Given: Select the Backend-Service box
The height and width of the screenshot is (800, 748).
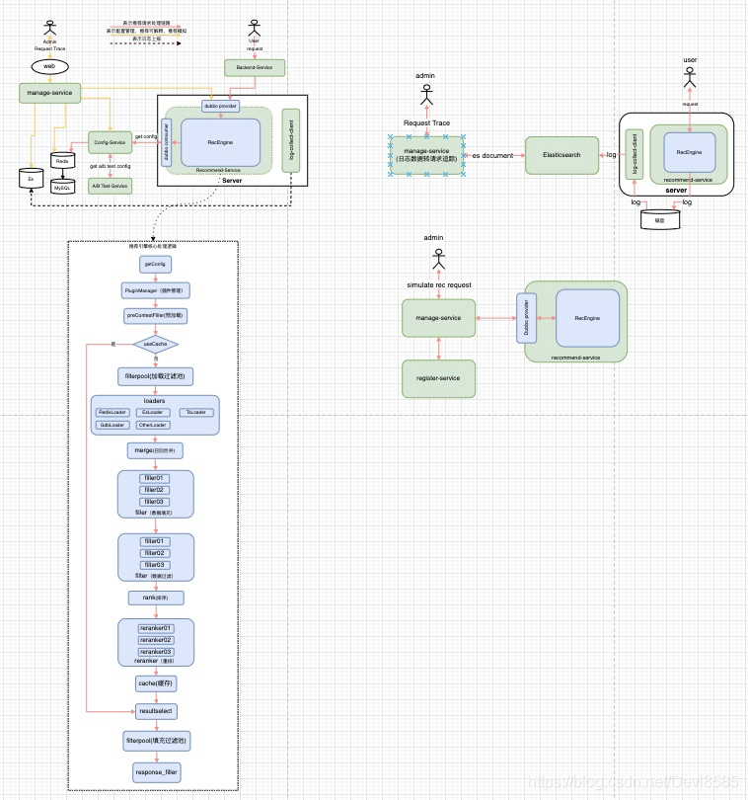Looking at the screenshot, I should tap(255, 67).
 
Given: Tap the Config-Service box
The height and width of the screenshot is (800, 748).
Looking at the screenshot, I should tap(109, 142).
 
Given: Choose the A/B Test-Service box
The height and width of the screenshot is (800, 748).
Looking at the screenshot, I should tap(109, 185).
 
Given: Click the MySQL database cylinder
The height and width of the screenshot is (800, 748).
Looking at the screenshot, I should tap(62, 185).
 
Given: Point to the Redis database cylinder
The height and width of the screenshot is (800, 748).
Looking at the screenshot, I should tap(62, 161).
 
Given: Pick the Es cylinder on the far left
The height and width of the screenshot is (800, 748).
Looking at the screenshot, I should tap(31, 180).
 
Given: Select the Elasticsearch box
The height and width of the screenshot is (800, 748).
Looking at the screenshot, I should tap(561, 155).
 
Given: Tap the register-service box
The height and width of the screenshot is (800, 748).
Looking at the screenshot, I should tap(438, 378).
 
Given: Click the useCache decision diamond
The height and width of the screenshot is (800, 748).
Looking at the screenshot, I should tap(155, 345).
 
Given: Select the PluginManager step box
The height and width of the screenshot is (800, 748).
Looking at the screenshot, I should tap(155, 291).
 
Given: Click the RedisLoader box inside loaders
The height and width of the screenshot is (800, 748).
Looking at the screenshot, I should tap(112, 412).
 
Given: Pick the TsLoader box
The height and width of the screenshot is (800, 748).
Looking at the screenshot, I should tap(196, 412).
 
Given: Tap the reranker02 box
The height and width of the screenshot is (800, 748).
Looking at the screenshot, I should tap(155, 640).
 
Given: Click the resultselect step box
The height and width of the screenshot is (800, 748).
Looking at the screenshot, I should tap(155, 710).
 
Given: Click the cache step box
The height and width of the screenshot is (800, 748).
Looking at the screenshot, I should tap(155, 682).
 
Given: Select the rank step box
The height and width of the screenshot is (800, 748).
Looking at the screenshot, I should tap(155, 597).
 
